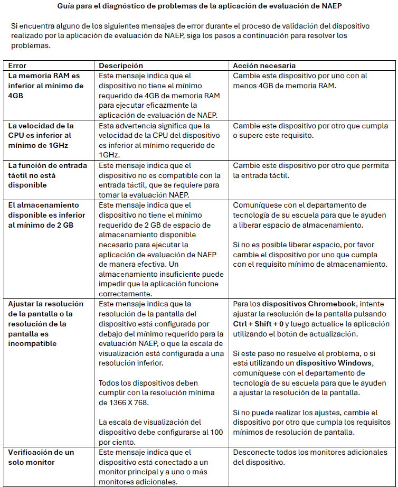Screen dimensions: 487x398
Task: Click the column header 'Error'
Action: pos(17,65)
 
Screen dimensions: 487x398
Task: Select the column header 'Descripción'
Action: pos(121,65)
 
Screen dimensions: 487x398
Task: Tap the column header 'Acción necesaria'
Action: pos(264,65)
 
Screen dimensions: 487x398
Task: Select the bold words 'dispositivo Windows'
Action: pos(335,363)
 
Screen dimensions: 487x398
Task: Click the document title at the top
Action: pos(198,7)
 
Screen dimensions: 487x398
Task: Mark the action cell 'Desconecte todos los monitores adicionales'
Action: pos(310,457)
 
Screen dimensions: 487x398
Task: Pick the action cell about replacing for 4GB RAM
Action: pos(307,81)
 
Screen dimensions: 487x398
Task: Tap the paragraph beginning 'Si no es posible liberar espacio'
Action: pos(310,255)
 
